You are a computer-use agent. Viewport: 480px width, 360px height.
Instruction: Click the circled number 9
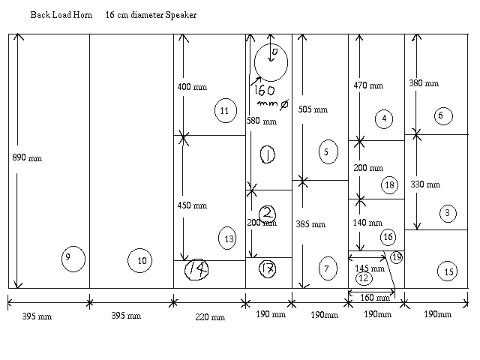(73, 258)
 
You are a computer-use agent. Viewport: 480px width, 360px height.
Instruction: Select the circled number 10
(141, 260)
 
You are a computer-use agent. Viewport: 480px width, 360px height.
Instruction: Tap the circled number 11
(224, 110)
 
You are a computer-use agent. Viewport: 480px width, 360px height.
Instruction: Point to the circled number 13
(229, 239)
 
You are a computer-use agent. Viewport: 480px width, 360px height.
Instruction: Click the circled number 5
(325, 152)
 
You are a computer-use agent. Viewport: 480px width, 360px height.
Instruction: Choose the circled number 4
(384, 118)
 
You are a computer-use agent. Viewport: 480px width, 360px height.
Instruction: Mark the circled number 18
(388, 184)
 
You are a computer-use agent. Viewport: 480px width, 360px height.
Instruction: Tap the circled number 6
(441, 115)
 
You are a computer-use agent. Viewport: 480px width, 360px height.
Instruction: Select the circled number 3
(447, 213)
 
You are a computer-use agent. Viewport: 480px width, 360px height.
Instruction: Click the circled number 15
(448, 271)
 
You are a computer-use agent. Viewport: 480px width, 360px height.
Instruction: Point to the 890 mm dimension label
(28, 158)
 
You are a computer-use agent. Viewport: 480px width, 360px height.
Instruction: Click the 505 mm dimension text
(313, 109)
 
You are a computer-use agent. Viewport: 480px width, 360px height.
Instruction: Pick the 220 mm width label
(210, 316)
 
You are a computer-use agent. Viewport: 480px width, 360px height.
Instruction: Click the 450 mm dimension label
(192, 205)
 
